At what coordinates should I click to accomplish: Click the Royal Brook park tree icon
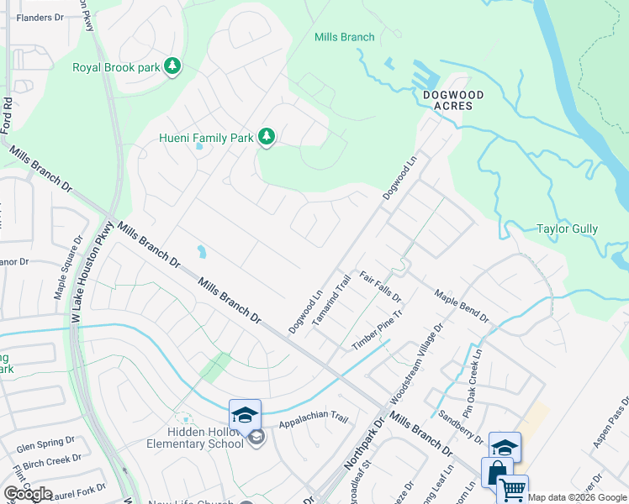172,66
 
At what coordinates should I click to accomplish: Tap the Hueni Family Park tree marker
267,137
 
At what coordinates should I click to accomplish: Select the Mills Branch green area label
344,37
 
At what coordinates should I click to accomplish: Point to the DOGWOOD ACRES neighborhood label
453,101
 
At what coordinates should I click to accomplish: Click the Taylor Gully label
567,228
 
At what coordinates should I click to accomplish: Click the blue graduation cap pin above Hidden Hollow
245,415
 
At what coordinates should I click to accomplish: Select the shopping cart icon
512,490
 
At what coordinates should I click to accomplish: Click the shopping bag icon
497,473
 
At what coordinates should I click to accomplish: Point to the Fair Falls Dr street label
381,286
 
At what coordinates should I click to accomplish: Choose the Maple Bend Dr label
462,305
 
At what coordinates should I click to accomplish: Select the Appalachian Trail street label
313,418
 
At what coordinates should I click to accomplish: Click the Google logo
29,493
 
